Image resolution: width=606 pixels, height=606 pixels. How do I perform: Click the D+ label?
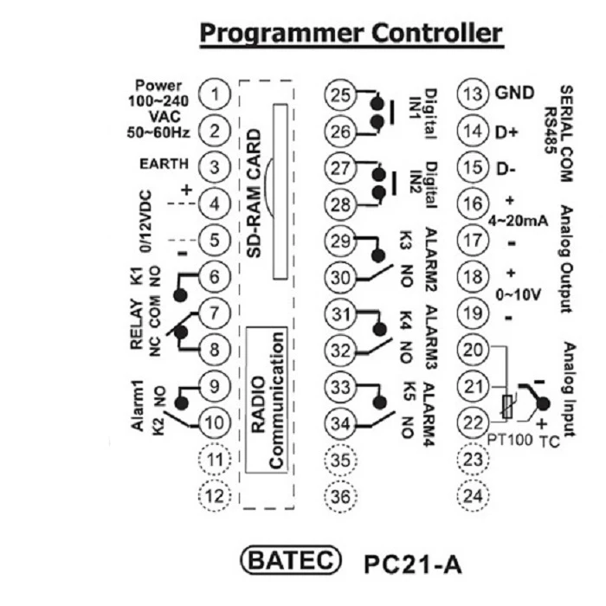click(x=506, y=132)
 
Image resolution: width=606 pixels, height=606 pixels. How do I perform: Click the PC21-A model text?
click(x=414, y=564)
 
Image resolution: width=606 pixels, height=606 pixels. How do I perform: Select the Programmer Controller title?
click(x=351, y=34)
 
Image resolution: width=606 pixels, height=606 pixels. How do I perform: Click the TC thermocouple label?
click(x=548, y=440)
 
